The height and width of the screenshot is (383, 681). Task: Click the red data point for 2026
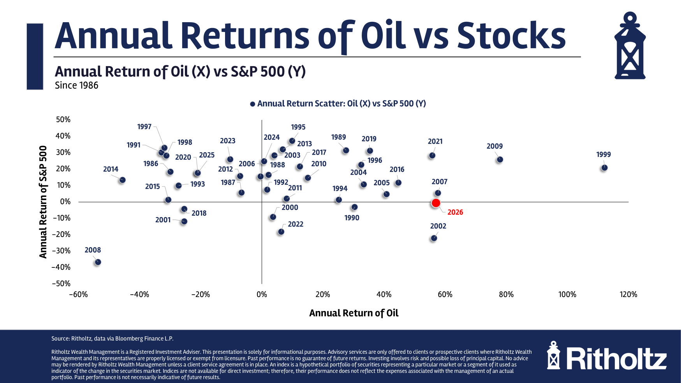pyautogui.click(x=436, y=203)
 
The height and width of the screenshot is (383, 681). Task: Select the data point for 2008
pyautogui.click(x=98, y=262)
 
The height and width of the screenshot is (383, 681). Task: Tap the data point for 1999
pyautogui.click(x=604, y=168)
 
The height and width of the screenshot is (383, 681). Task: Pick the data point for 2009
pyautogui.click(x=500, y=160)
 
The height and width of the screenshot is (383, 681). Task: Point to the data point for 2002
pyautogui.click(x=434, y=238)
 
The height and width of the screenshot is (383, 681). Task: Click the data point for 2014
pyautogui.click(x=122, y=180)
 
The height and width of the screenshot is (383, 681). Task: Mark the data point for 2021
pyautogui.click(x=432, y=155)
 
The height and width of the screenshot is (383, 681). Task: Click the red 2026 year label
pyautogui.click(x=455, y=212)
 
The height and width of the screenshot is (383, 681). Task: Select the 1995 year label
pyautogui.click(x=298, y=127)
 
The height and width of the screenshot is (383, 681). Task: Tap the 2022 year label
pyautogui.click(x=296, y=224)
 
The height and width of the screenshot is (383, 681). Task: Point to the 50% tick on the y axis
pyautogui.click(x=63, y=119)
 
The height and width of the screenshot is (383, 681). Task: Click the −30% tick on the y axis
pyautogui.click(x=61, y=251)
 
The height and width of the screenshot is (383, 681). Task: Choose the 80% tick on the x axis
pyautogui.click(x=506, y=295)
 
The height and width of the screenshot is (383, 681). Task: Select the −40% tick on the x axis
pyautogui.click(x=139, y=295)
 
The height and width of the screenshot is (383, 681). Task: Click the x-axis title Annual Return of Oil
pyautogui.click(x=354, y=313)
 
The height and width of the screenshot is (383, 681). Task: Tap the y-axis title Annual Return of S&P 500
pyautogui.click(x=43, y=202)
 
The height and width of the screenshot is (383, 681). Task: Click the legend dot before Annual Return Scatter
pyautogui.click(x=253, y=104)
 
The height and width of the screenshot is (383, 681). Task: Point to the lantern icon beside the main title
pyautogui.click(x=630, y=46)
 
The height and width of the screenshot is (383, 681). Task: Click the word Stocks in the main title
pyautogui.click(x=511, y=36)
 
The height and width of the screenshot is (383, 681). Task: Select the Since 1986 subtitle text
pyautogui.click(x=77, y=86)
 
